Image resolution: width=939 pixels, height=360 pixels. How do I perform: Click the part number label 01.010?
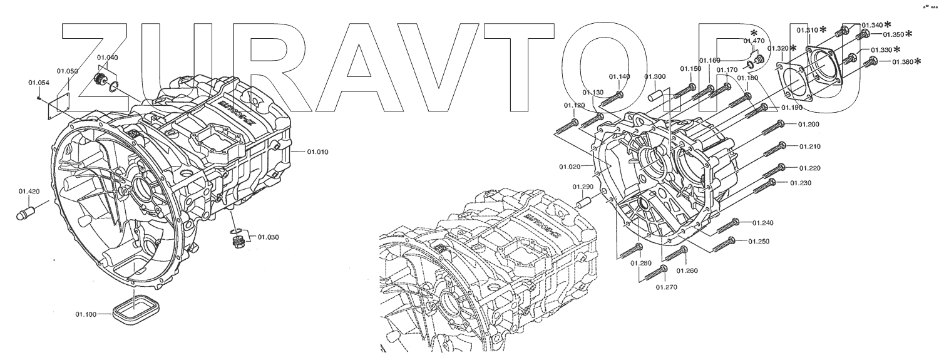(x=319, y=152)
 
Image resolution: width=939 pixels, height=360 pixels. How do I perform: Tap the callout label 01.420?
(x=29, y=192)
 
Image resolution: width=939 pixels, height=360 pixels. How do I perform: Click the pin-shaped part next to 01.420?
(x=27, y=212)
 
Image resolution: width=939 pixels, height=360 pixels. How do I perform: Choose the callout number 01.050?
(x=67, y=71)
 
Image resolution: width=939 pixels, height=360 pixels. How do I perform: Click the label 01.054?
(x=39, y=83)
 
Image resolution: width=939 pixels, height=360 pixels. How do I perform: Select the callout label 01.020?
(x=571, y=167)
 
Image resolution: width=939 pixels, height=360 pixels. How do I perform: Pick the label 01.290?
(x=583, y=187)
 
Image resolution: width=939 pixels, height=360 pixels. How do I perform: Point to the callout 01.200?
(x=809, y=124)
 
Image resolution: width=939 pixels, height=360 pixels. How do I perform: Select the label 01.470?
(x=754, y=41)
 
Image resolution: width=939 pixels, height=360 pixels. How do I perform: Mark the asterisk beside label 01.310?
(x=824, y=29)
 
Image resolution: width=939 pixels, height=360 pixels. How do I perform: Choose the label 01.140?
(x=619, y=77)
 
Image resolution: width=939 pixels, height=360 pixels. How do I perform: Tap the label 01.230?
(x=801, y=183)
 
